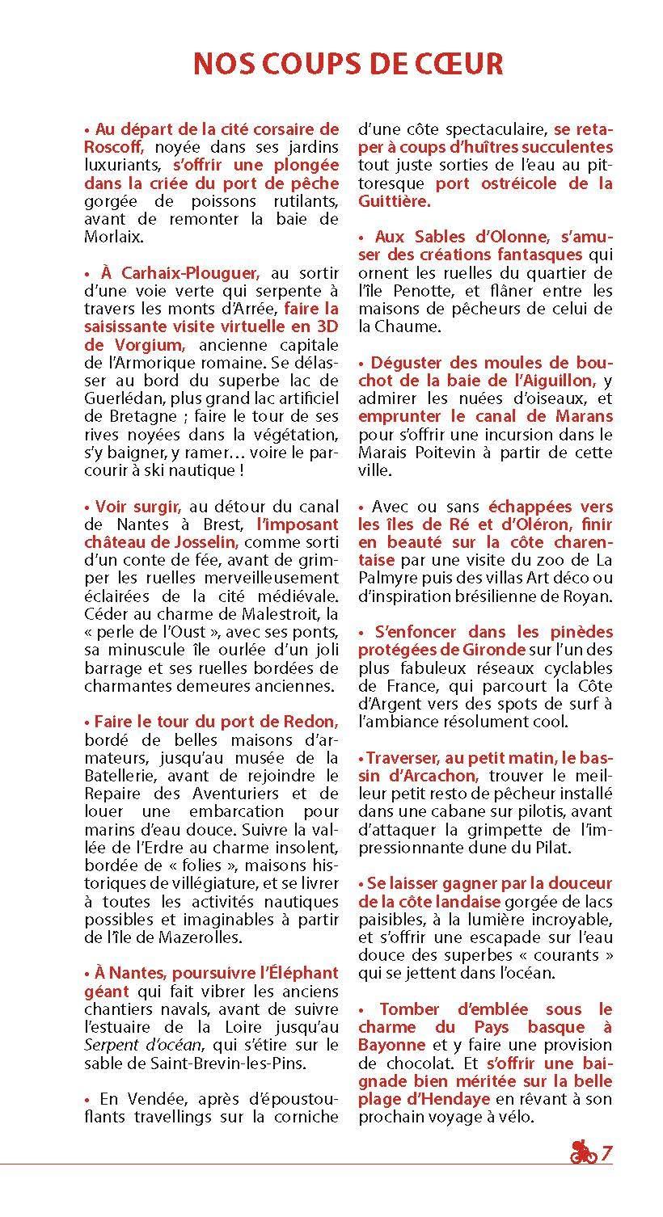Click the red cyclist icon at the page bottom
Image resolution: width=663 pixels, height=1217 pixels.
tap(582, 1152)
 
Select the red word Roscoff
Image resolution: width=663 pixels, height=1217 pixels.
tap(113, 147)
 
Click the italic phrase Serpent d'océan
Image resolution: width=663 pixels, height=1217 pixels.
tap(137, 1044)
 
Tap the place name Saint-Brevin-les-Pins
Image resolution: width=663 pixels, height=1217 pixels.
tap(202, 1062)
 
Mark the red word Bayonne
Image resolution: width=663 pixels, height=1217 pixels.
tap(391, 1044)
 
